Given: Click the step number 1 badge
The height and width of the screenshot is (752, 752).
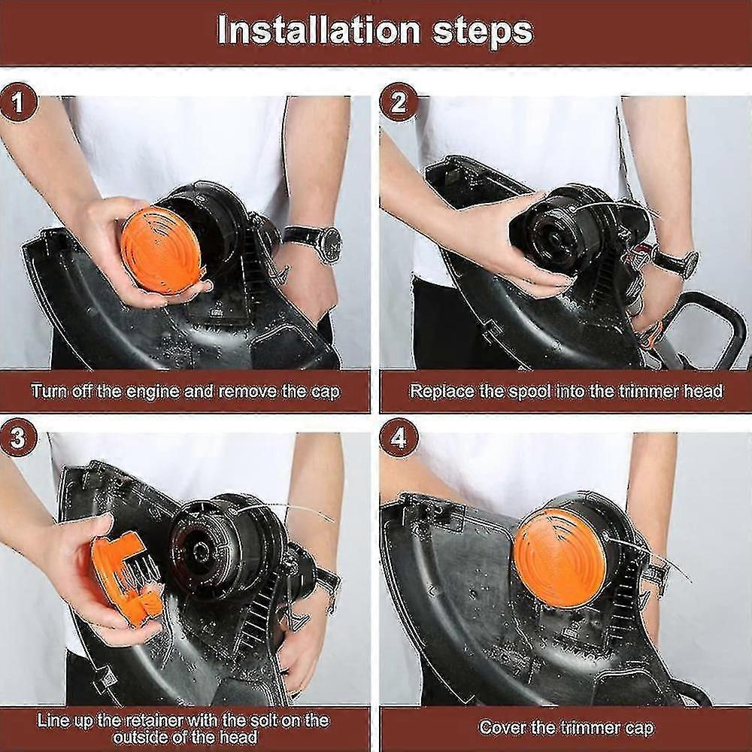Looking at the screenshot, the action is tap(18, 102).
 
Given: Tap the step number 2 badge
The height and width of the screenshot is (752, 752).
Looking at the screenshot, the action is tap(399, 102).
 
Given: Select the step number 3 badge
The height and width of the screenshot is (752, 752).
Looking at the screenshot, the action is tap(18, 438).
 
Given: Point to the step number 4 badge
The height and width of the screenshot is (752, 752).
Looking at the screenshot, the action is tap(399, 438).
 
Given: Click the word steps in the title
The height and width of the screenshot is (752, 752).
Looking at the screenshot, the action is tap(483, 32).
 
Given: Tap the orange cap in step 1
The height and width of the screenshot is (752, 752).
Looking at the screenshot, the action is tap(162, 250).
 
